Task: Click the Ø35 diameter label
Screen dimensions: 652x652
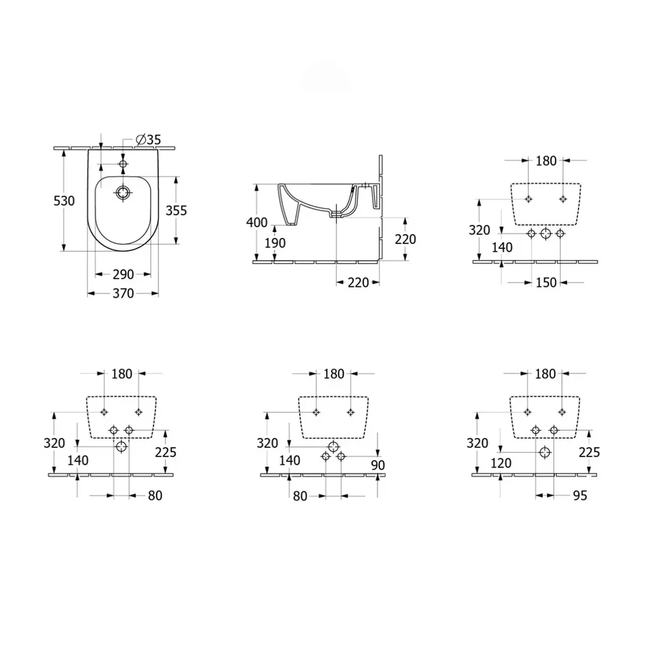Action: [x=148, y=140]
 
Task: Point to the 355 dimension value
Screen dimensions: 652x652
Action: [x=176, y=210]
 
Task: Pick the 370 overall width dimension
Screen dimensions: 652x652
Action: [x=122, y=293]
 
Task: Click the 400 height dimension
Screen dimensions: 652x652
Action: [x=257, y=222]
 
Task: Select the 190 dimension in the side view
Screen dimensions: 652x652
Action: [x=275, y=243]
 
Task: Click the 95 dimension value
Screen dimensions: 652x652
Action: [x=579, y=496]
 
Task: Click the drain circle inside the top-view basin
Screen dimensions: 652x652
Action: [x=122, y=192]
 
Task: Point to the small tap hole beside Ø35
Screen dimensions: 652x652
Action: [x=122, y=163]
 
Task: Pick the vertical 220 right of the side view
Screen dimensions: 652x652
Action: [x=405, y=239]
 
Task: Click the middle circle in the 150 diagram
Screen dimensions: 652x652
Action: [x=546, y=234]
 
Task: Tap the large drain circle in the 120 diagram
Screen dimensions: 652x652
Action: [x=544, y=452]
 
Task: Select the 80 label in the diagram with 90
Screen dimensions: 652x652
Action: [x=300, y=496]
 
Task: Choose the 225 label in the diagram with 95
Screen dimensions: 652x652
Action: [x=589, y=452]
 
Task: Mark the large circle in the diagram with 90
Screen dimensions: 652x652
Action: [x=333, y=446]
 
